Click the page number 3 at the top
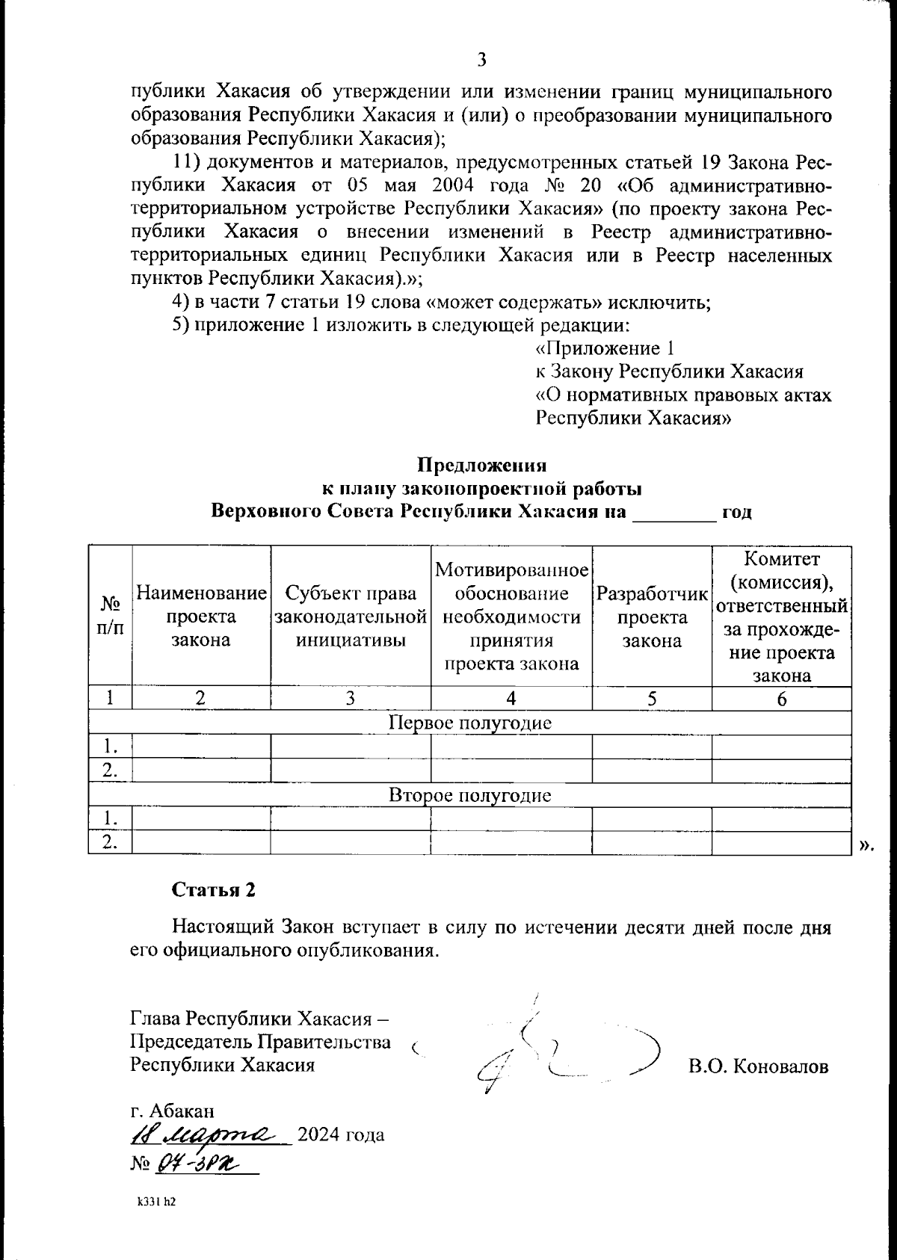(482, 59)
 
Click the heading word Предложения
(481, 465)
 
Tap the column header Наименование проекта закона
(201, 617)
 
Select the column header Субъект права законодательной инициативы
(351, 617)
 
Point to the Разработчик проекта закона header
(651, 617)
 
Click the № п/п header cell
(111, 617)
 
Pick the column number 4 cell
(511, 699)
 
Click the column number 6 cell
(781, 699)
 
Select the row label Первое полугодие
(470, 723)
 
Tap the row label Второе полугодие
(470, 795)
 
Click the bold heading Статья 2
(214, 889)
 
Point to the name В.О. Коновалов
(758, 1066)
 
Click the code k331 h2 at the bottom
(155, 1203)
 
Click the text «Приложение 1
(605, 349)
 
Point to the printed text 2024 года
(341, 1135)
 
